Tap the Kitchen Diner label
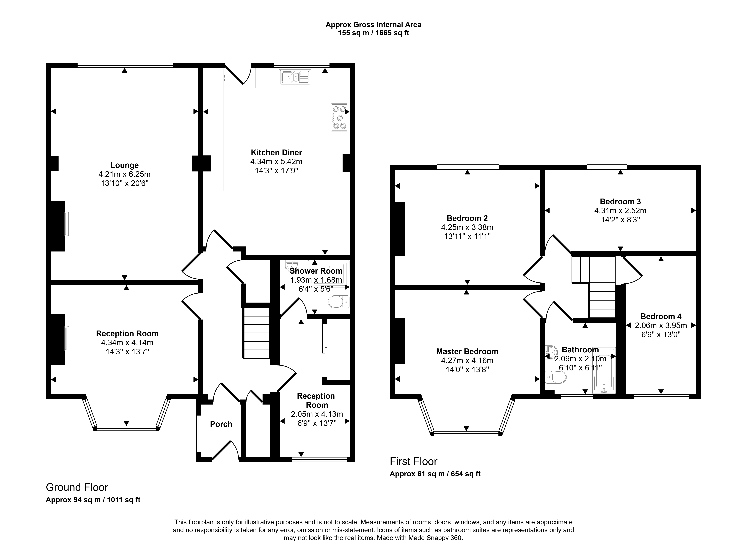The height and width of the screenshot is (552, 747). (276, 153)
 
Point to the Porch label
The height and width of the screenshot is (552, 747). (221, 424)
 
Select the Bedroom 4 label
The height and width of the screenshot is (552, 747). (661, 316)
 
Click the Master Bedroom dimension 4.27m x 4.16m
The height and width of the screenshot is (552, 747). (467, 361)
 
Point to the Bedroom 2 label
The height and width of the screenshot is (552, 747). (467, 218)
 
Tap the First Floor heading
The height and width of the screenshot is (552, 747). (413, 461)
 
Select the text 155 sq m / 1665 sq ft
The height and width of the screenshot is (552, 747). (373, 33)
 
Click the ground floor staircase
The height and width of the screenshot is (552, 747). (256, 333)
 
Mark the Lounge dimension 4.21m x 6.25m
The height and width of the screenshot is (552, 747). (124, 174)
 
